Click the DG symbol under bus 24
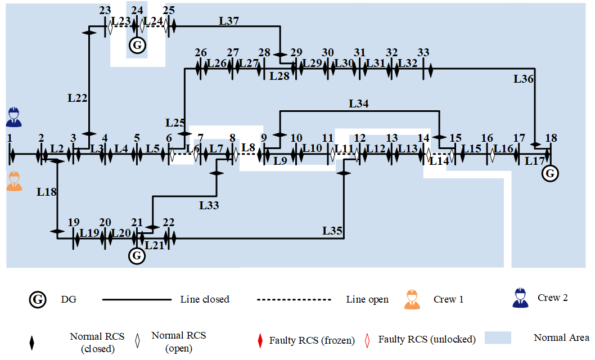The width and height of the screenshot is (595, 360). pos(137,46)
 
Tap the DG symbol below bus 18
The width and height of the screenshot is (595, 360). pos(550,174)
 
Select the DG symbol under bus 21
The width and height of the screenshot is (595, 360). pos(137,256)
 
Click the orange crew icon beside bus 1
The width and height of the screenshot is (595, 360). pos(14,181)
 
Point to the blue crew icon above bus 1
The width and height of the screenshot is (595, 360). pos(14,117)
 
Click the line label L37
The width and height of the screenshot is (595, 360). pos(229,20)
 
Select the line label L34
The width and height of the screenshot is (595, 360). pos(359,103)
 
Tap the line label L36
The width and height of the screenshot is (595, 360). pos(523,79)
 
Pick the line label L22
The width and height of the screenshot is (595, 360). pos(78,98)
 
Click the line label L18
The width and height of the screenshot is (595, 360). pos(46,192)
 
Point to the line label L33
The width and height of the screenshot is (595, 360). pos(209,205)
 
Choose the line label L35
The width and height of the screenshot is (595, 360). pos(332,231)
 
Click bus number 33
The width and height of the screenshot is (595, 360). pos(423,52)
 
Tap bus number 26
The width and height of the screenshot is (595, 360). pos(201,52)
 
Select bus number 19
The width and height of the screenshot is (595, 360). pos(74,222)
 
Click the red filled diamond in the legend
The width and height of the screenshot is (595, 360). pos(260,341)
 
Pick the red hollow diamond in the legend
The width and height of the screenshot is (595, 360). pos(367,341)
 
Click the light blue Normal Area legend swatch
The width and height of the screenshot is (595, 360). pos(498,337)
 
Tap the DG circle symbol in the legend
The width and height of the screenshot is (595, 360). pos(38,300)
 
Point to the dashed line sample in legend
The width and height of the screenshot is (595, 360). pos(294,300)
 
